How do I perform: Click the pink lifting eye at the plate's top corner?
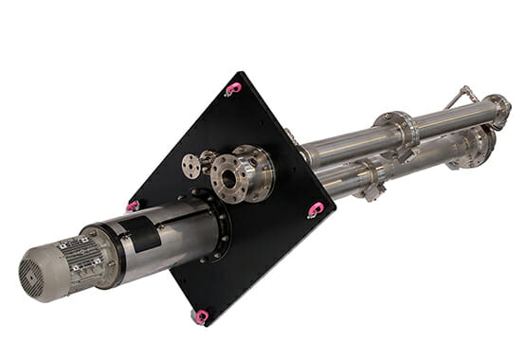click(x=233, y=88)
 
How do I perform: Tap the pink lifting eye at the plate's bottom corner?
click(x=200, y=315)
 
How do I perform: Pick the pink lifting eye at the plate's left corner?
click(x=134, y=206)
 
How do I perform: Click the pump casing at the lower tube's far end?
click(x=474, y=147)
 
